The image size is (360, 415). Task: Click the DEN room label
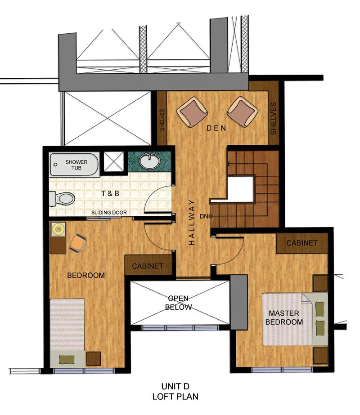pyautogui.click(x=216, y=129)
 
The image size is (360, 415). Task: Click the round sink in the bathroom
pyautogui.click(x=149, y=161)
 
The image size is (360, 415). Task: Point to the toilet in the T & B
pyautogui.click(x=63, y=198)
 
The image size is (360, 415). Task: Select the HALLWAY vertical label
pyautogui.click(x=191, y=222)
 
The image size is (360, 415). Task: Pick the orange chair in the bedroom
pyautogui.click(x=77, y=243)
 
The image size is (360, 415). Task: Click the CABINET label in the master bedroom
pyautogui.click(x=302, y=243)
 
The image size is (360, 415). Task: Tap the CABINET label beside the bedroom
pyautogui.click(x=148, y=266)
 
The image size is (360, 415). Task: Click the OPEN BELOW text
pyautogui.click(x=179, y=303)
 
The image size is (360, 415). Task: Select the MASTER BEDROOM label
pyautogui.click(x=284, y=317)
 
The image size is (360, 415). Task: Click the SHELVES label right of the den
pyautogui.click(x=273, y=118)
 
